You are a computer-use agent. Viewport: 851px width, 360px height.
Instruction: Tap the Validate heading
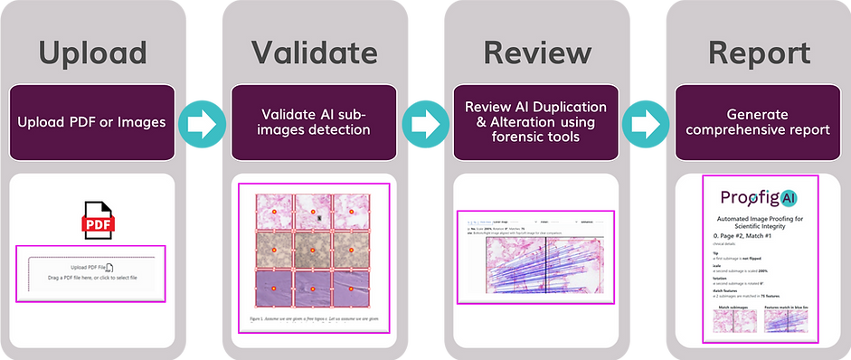313,53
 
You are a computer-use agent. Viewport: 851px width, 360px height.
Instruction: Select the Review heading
536,53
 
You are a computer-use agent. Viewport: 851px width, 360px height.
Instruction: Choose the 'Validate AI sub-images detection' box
313,122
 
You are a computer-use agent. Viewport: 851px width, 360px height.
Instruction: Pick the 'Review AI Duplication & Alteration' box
536,122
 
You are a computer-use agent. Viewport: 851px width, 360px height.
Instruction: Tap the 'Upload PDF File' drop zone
92,272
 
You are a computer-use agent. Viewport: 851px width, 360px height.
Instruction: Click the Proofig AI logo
758,197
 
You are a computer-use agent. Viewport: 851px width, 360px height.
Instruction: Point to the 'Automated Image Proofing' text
758,223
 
